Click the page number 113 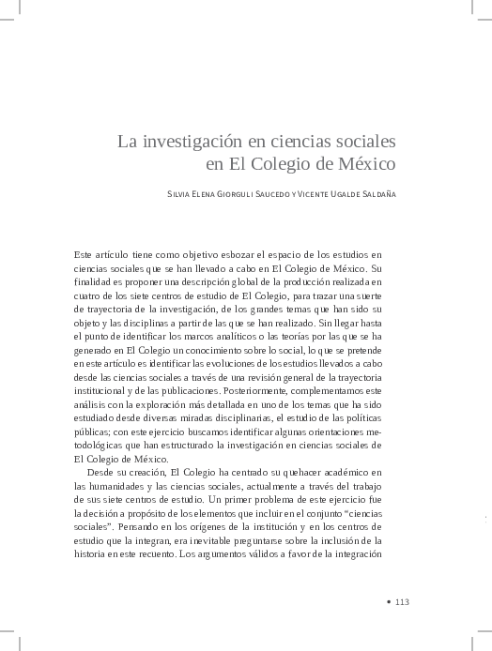point(402,602)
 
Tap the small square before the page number point(388,602)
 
